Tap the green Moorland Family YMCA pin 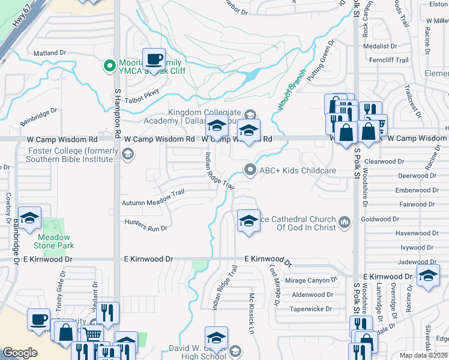tap(109, 65)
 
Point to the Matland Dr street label tap(49, 53)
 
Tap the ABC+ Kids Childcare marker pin tap(250, 170)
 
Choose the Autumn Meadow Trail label tap(152, 203)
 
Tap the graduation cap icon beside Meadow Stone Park tap(30, 220)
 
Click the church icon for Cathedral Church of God tap(345, 223)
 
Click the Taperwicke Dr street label tap(311, 309)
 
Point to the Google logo tap(20, 353)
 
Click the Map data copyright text tap(424, 355)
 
